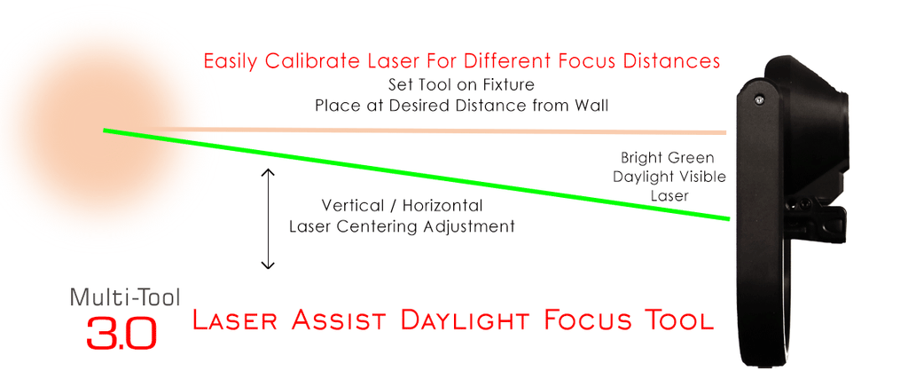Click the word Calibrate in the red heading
(297, 61)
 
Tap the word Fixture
(509, 84)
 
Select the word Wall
(591, 106)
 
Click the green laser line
(417, 175)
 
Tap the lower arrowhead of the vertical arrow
(268, 265)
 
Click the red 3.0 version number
(121, 332)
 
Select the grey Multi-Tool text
(125, 297)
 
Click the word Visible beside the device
(702, 177)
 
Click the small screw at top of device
(759, 100)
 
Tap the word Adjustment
(469, 226)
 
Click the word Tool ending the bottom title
(675, 320)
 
